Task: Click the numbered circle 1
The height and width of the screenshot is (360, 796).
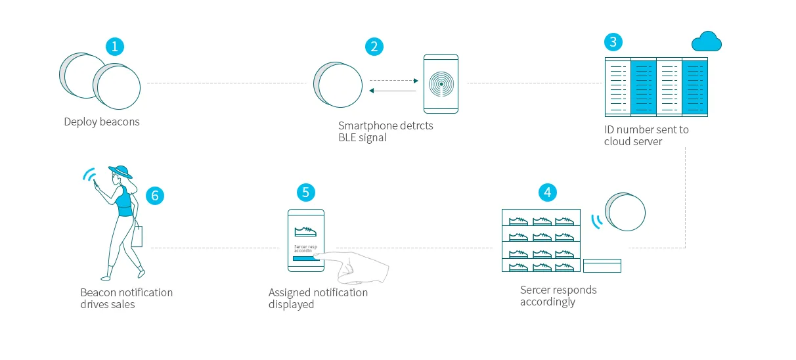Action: coord(115,46)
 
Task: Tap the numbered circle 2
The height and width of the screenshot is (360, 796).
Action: coord(374,46)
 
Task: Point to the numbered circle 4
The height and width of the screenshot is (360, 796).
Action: coord(547,192)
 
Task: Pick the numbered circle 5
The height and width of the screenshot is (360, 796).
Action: coord(305,192)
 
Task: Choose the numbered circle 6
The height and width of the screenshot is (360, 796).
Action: coord(154,195)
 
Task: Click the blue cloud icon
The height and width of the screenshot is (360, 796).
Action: coord(707,43)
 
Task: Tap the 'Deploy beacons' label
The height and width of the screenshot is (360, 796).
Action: coord(102,122)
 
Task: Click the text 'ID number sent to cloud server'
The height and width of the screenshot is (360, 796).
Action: coord(646,135)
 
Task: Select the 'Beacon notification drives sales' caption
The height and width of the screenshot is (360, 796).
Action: coord(126,298)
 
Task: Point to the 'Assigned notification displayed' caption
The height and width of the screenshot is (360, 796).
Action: coord(318,298)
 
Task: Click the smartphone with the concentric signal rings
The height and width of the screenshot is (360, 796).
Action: coord(441,84)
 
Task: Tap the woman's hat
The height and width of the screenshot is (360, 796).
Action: coord(121,171)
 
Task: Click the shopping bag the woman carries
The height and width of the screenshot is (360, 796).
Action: coord(137,236)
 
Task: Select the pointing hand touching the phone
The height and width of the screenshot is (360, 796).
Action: coord(358,266)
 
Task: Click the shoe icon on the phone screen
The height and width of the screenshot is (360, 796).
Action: coord(305,231)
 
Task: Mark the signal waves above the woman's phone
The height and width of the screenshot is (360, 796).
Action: coord(88,175)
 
